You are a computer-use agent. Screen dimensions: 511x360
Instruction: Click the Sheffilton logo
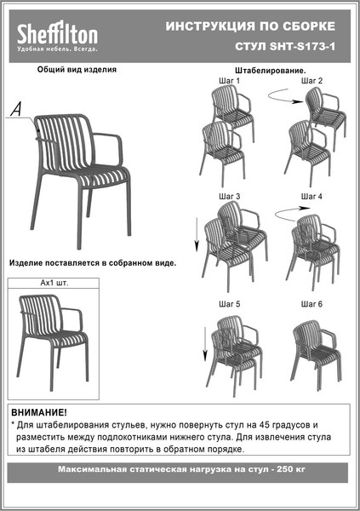click(x=57, y=35)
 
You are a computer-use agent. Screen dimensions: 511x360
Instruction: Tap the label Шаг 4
click(x=311, y=197)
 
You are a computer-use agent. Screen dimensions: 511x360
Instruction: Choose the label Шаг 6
click(x=311, y=304)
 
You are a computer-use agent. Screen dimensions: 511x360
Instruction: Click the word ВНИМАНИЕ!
click(x=38, y=411)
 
